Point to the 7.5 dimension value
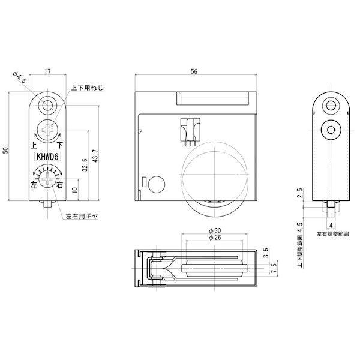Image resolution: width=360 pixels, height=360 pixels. pos(275,266)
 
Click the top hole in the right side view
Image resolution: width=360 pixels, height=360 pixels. pos(330,106)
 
